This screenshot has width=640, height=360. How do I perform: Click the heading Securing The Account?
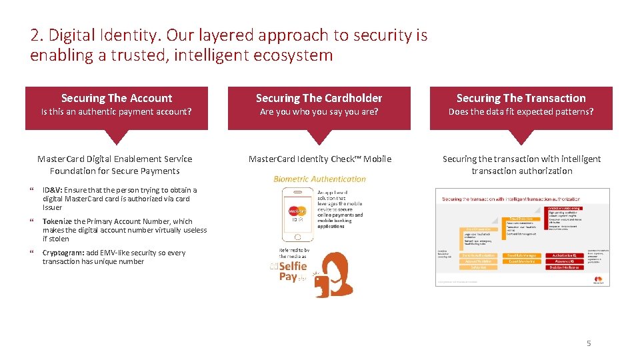(x=117, y=98)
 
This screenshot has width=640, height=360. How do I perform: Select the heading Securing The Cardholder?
(x=319, y=98)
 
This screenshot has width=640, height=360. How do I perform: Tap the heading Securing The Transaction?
(x=521, y=98)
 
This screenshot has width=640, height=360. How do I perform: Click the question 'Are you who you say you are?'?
(x=319, y=112)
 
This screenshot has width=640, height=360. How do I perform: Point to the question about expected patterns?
(x=521, y=112)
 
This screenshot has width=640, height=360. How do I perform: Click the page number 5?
(x=589, y=343)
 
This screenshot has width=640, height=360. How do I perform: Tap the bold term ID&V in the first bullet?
(x=51, y=190)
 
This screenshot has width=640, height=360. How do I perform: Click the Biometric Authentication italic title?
(x=319, y=179)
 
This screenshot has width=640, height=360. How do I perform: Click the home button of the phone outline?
(x=297, y=236)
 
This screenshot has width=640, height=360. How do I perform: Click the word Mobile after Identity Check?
(x=377, y=159)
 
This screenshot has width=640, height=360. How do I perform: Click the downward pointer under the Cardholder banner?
(x=319, y=137)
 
